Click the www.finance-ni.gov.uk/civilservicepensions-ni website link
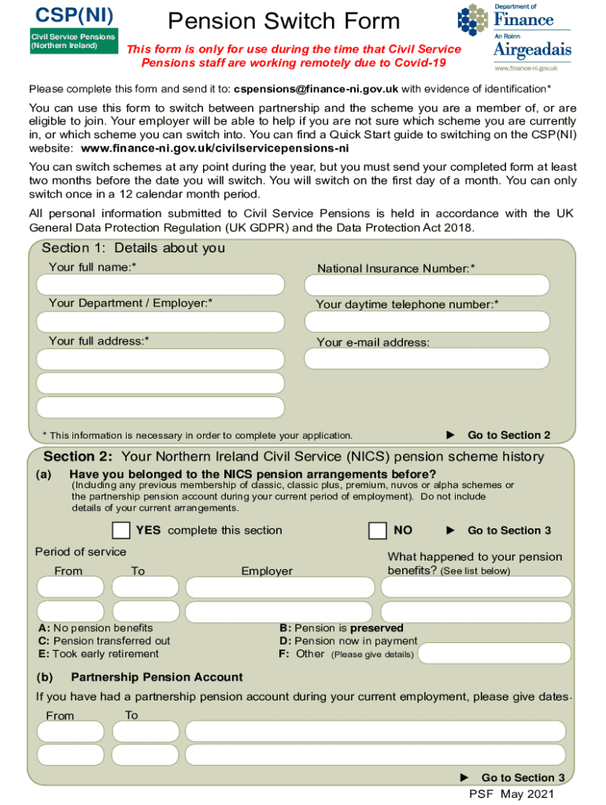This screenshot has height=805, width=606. click(x=215, y=148)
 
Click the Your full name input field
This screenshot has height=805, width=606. click(x=161, y=285)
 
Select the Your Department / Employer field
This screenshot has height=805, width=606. click(x=161, y=322)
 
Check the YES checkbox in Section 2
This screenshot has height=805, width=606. click(x=121, y=531)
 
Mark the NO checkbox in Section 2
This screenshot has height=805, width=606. click(x=378, y=531)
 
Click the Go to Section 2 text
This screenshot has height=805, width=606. click(x=508, y=436)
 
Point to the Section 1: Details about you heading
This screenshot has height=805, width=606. click(x=133, y=248)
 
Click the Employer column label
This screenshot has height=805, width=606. click(x=267, y=572)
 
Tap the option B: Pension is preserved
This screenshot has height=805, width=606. click(x=342, y=628)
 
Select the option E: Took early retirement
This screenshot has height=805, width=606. click(x=98, y=653)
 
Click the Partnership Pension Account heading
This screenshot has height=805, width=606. click(x=157, y=678)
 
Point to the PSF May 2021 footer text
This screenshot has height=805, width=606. click(x=512, y=794)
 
